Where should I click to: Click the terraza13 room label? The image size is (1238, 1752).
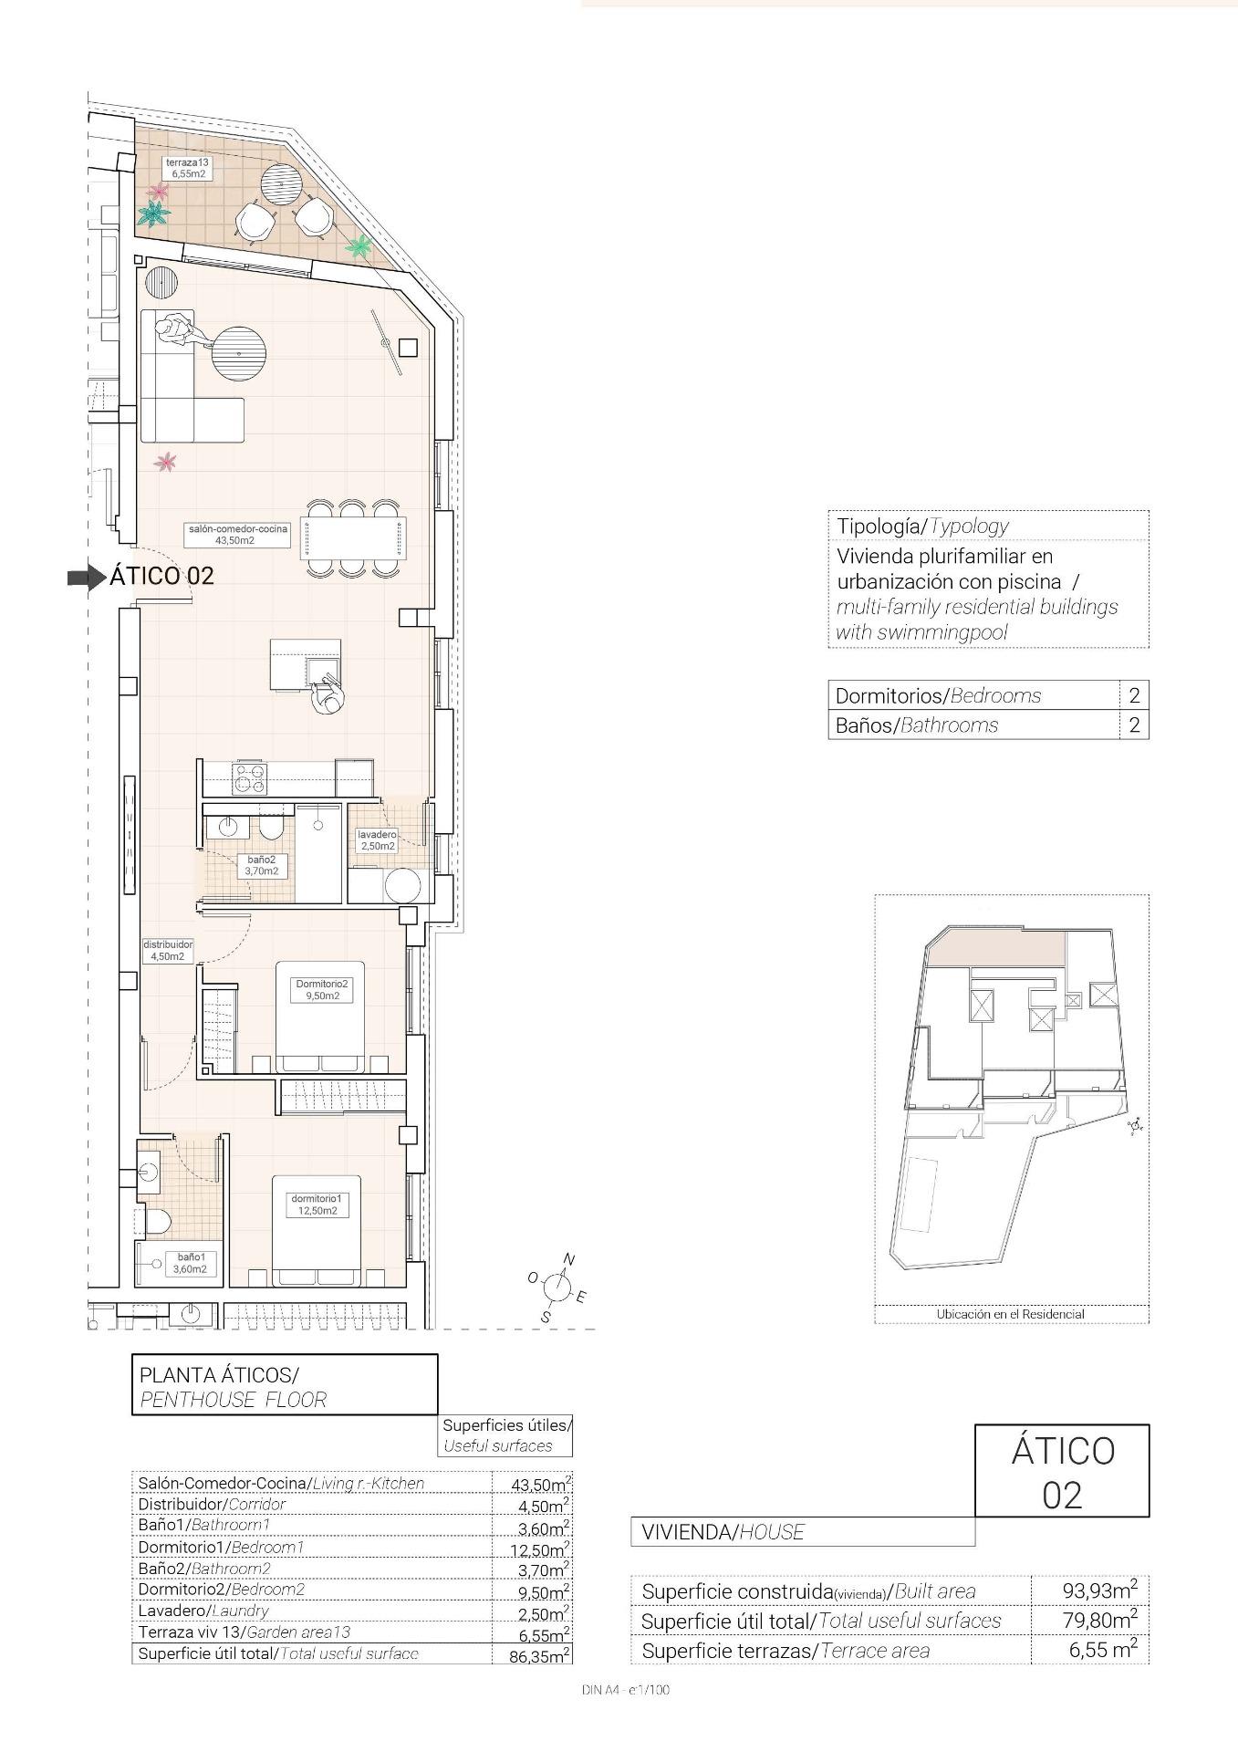click(187, 167)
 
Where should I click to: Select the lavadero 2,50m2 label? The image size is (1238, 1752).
click(376, 840)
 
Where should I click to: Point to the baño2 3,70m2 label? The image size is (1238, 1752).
click(261, 865)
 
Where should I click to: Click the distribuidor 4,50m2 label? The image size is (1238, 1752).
click(168, 951)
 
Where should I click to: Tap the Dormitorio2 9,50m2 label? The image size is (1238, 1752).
click(321, 989)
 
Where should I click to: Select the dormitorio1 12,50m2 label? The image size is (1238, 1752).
click(316, 1204)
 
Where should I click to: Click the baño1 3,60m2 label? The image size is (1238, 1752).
click(191, 1263)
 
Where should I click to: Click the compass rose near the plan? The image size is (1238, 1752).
click(557, 1288)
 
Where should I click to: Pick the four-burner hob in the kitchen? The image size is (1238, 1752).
click(250, 778)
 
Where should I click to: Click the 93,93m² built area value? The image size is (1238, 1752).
click(1098, 1590)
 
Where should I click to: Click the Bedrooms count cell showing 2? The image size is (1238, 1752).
click(1133, 695)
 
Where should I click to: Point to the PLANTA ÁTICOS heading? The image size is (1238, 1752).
click(218, 1374)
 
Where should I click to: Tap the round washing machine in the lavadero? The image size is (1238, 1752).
click(402, 885)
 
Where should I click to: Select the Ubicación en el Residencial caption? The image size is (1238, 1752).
click(1010, 1314)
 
